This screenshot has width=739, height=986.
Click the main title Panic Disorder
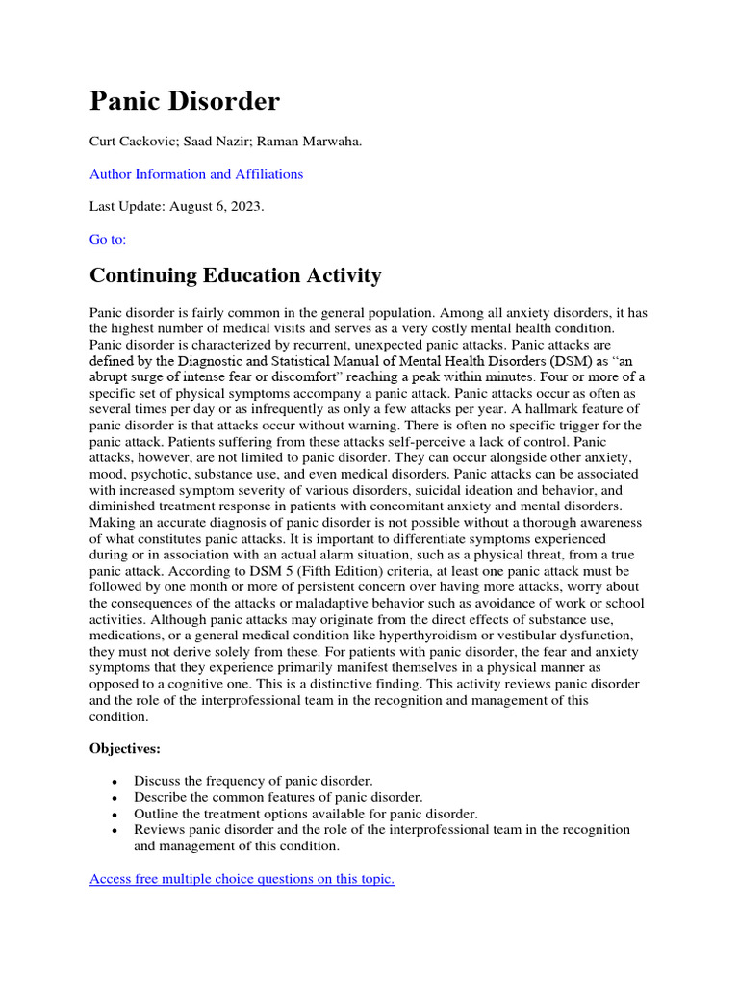185,101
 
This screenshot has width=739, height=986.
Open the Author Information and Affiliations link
196,174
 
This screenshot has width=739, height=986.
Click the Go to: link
108,239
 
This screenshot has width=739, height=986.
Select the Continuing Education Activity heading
235,276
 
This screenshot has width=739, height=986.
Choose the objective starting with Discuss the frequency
253,781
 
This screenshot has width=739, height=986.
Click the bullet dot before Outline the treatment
115,815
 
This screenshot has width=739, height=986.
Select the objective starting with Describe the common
278,797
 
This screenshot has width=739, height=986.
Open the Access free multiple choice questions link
242,879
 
